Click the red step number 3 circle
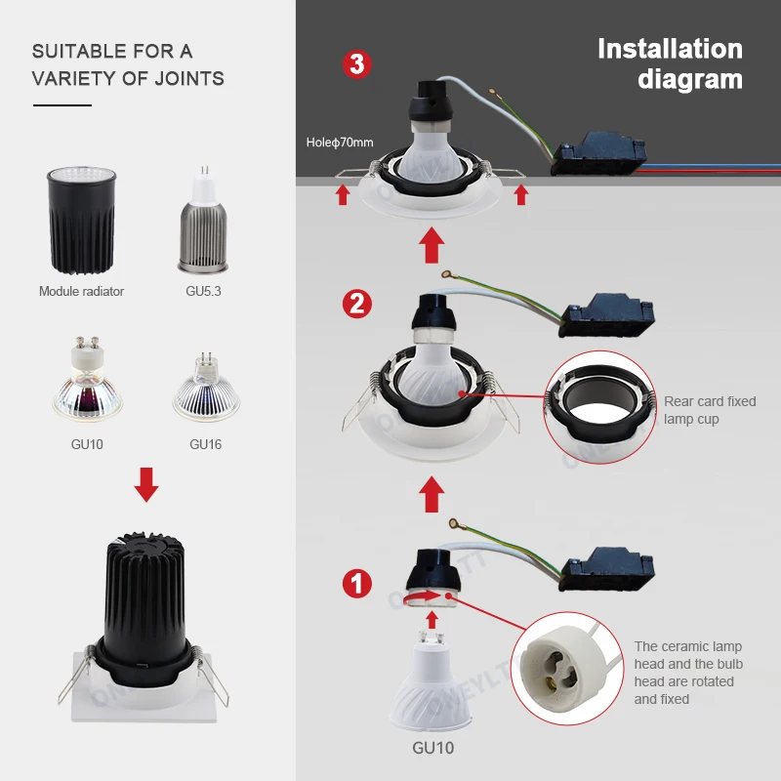(356, 64)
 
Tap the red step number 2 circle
(356, 304)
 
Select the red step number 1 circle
(356, 584)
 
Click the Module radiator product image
(81, 221)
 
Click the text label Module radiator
(81, 291)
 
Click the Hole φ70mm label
(340, 143)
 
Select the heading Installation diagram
(670, 63)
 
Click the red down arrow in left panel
(146, 484)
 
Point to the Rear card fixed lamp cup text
(710, 410)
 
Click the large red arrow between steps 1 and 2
(431, 492)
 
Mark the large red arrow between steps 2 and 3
(431, 244)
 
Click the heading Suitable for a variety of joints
(128, 64)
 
